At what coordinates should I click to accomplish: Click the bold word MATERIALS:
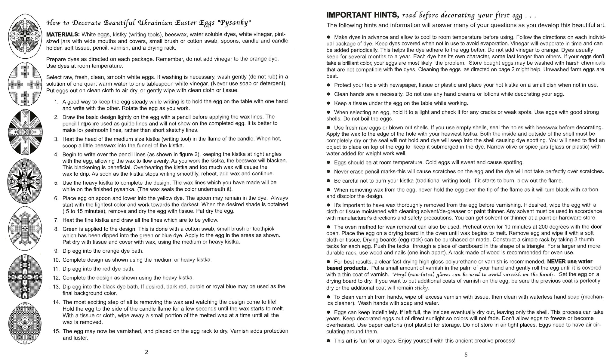(63, 34)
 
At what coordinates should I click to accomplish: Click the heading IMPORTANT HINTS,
(363, 15)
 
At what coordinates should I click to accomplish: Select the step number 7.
(56, 220)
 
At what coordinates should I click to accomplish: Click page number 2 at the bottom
(146, 352)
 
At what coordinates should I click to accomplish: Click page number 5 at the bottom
(466, 355)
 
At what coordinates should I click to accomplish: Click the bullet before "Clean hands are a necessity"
(329, 94)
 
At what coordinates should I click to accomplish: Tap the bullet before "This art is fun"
(329, 341)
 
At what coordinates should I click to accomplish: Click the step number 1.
(56, 102)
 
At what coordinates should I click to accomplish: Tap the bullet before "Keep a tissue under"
(329, 103)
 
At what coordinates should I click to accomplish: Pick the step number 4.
(56, 154)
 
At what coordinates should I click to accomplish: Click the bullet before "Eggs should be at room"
(329, 162)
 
